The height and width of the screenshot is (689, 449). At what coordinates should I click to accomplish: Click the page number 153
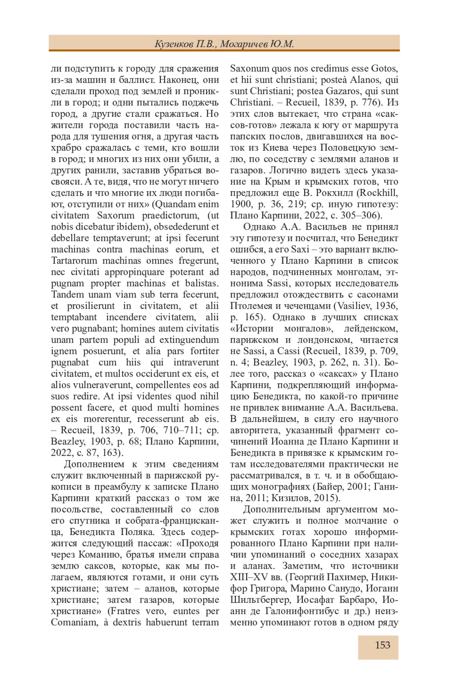pos(382,645)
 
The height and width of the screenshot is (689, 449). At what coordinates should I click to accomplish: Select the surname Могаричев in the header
pos(243,44)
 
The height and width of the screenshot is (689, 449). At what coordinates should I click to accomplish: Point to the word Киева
pos(275,148)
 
